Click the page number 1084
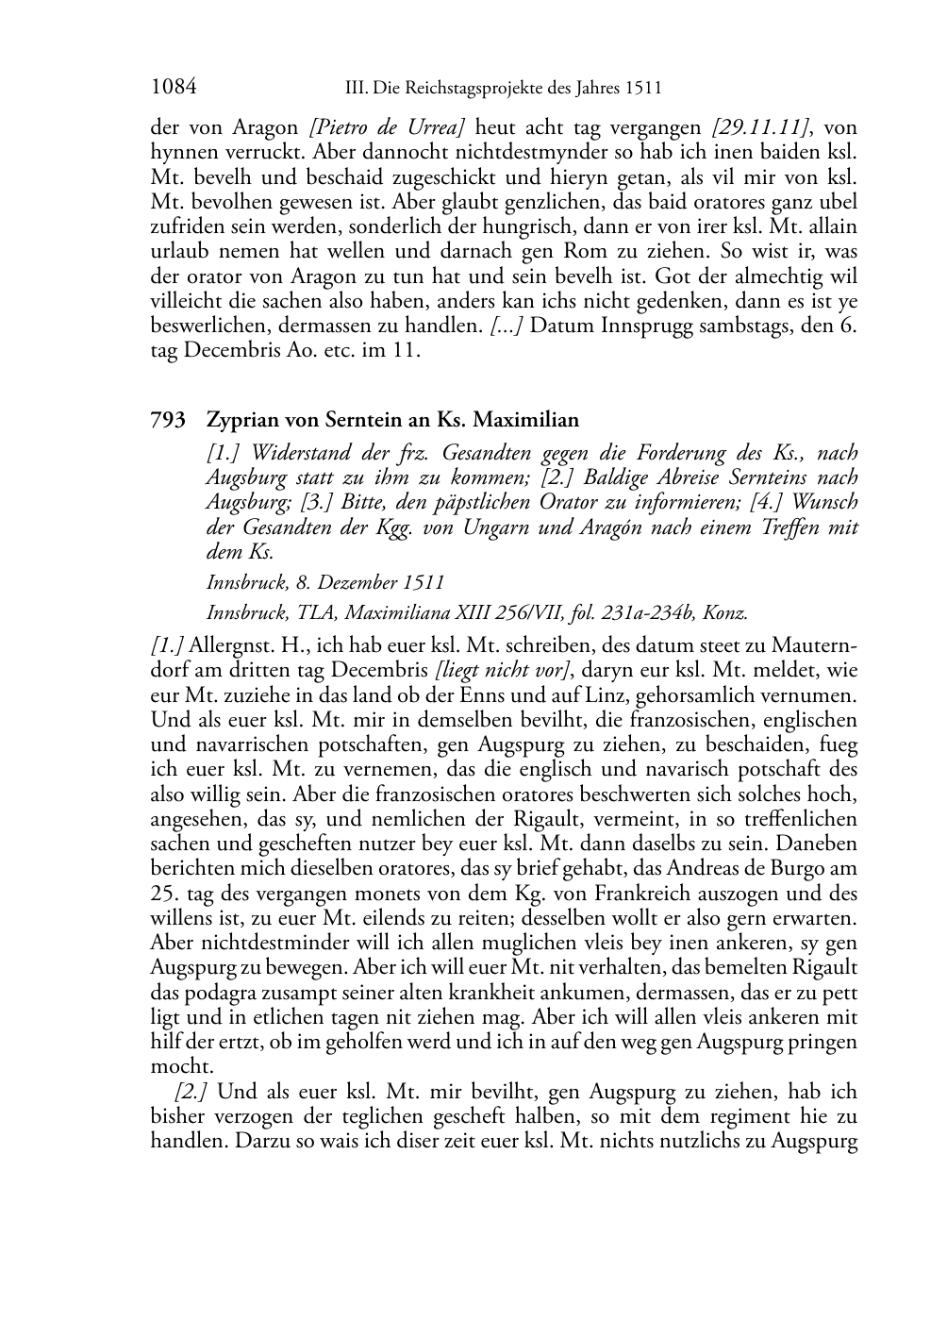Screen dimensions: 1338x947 tap(174, 88)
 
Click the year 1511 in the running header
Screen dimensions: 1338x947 tap(642, 90)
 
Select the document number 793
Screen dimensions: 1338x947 tap(167, 420)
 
